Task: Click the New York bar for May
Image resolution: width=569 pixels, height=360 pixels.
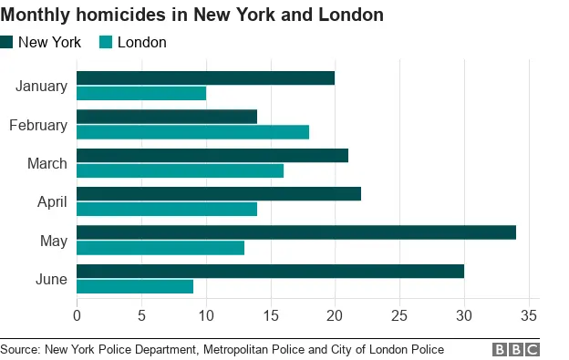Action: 296,232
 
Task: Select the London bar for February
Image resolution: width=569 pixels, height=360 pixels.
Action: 192,131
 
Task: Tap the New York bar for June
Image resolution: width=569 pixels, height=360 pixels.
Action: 270,271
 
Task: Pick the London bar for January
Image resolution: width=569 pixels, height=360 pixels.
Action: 141,93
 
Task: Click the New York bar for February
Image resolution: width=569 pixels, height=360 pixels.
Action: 167,117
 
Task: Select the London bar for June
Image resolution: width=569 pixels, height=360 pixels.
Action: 135,286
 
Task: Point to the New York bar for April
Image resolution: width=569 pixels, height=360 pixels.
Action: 219,193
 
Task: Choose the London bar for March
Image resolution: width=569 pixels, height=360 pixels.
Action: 180,170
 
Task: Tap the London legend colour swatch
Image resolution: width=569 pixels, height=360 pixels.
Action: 105,42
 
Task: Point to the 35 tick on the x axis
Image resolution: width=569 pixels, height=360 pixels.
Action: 529,316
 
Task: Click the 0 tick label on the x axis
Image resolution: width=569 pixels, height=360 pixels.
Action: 77,316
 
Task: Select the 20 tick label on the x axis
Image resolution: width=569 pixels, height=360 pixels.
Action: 335,316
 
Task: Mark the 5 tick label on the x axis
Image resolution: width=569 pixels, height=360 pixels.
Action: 141,316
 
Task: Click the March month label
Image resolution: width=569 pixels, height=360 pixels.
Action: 47,163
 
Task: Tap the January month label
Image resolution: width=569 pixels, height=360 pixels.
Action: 42,87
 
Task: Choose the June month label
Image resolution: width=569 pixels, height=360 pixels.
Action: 51,279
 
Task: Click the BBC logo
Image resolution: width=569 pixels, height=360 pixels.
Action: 516,349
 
